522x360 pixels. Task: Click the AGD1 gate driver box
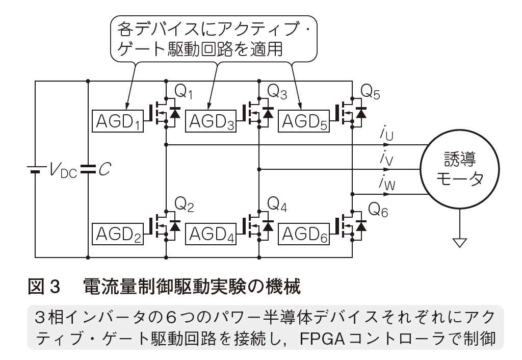pyautogui.click(x=118, y=121)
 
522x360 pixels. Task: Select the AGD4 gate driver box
pyautogui.click(x=211, y=234)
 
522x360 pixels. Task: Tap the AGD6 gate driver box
pyautogui.click(x=304, y=234)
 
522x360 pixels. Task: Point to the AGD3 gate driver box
pyautogui.click(x=211, y=121)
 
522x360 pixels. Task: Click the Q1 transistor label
pyautogui.click(x=184, y=91)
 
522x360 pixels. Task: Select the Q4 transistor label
pyautogui.click(x=277, y=204)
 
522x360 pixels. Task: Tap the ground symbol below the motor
pyautogui.click(x=460, y=243)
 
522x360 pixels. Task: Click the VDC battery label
pyautogui.click(x=63, y=170)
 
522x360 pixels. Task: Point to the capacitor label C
pyautogui.click(x=104, y=169)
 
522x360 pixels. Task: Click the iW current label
pyautogui.click(x=387, y=182)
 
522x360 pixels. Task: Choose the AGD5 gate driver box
pyautogui.click(x=304, y=121)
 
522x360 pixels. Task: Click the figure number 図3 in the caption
pyautogui.click(x=44, y=287)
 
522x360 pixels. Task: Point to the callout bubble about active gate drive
pyautogui.click(x=214, y=39)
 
